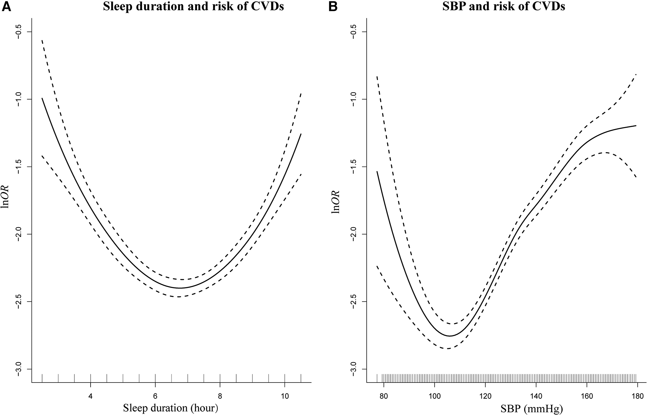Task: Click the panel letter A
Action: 7,7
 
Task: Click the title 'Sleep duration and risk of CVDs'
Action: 193,7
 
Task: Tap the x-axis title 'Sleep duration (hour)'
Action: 170,408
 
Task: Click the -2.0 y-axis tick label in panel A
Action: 20,234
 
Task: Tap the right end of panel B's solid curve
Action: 636,126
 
